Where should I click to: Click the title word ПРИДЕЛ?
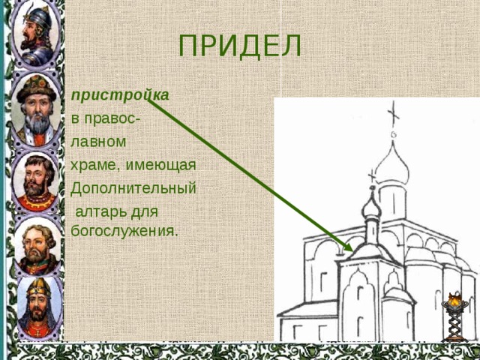click(x=240, y=46)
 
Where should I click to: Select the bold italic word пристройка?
click(x=120, y=95)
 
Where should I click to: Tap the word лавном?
click(x=98, y=142)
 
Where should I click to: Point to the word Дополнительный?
click(x=133, y=188)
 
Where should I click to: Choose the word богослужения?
click(x=124, y=230)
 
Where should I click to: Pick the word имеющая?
click(x=160, y=165)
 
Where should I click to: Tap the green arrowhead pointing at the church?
click(x=348, y=247)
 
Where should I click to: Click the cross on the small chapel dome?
click(x=372, y=177)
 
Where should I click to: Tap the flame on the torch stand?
click(x=454, y=298)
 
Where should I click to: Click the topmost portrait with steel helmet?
click(x=36, y=33)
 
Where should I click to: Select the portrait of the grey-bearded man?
click(x=36, y=109)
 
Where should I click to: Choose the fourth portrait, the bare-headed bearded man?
click(x=37, y=247)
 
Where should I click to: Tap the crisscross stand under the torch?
click(x=455, y=325)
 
